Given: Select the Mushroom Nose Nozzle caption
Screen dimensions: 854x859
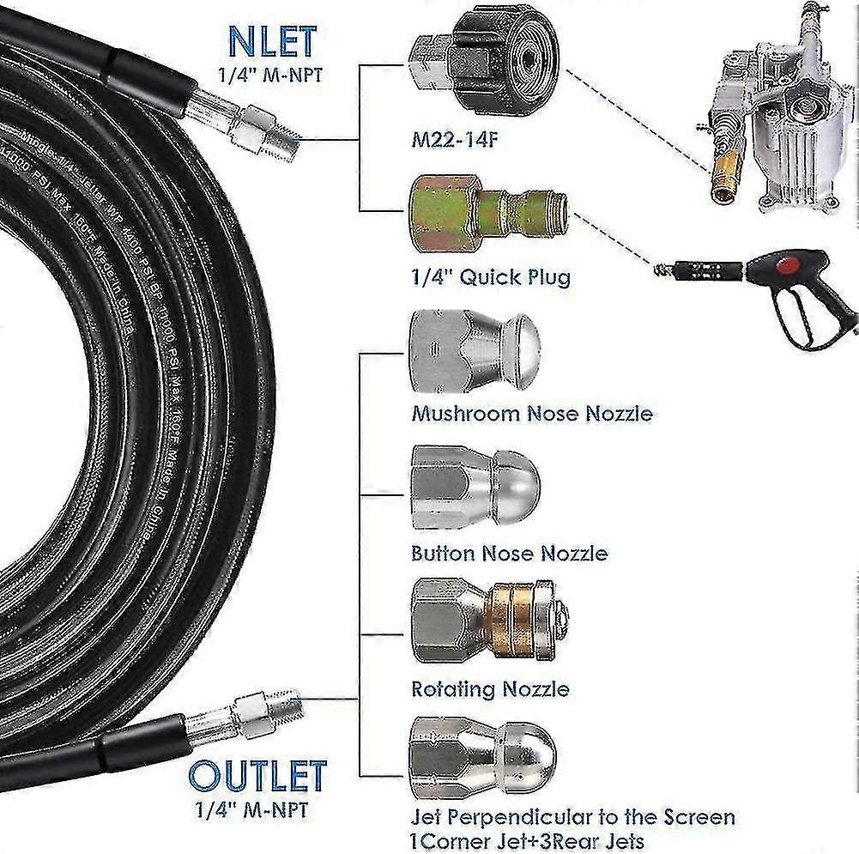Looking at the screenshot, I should click(532, 414).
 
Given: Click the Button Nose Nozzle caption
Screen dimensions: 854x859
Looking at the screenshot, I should click(509, 552).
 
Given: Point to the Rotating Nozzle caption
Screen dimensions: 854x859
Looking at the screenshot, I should click(490, 688).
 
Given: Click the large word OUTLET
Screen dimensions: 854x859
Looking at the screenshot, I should click(257, 775).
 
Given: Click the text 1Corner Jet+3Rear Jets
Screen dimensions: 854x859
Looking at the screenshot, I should click(528, 841).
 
